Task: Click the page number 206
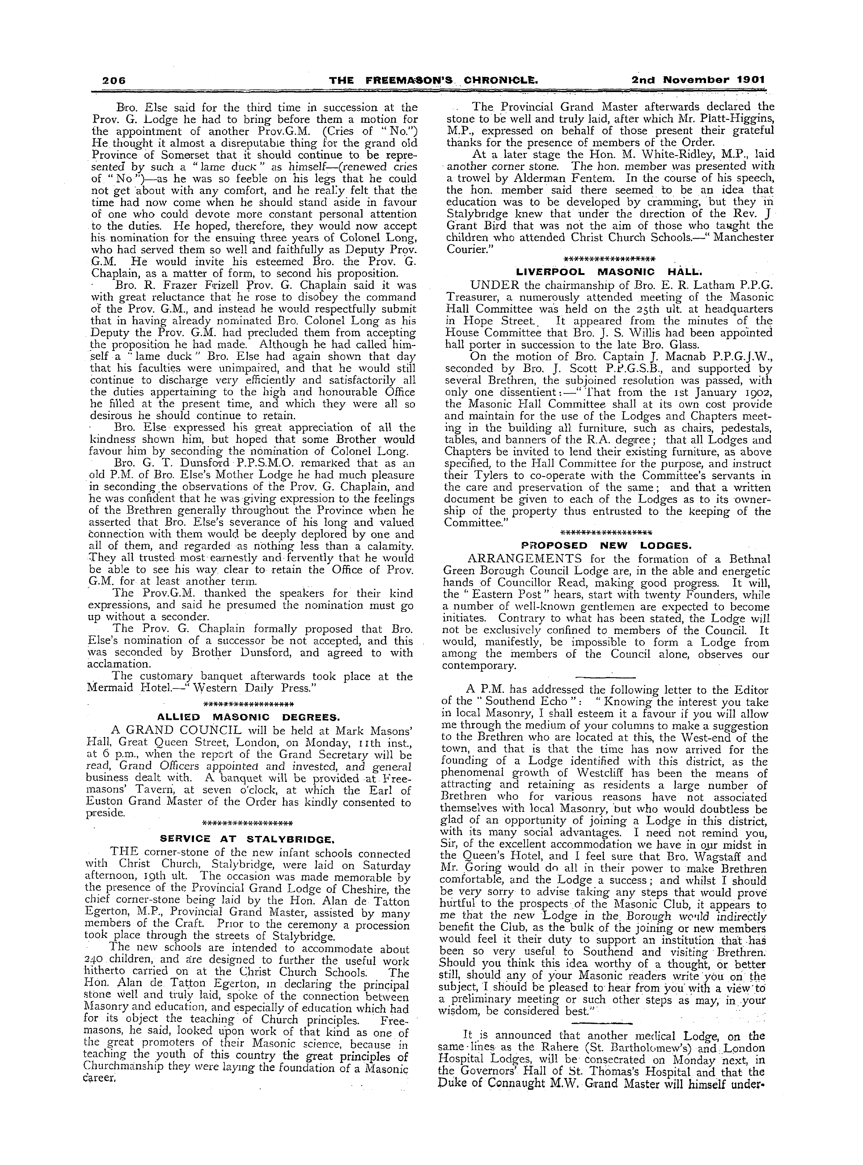tap(114, 80)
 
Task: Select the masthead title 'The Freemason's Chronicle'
tap(434, 80)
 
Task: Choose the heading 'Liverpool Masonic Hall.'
tap(609, 272)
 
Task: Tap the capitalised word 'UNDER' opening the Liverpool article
tap(494, 285)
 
